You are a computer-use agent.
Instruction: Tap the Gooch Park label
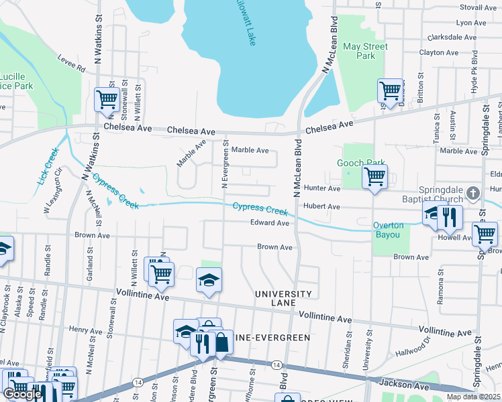point(361,163)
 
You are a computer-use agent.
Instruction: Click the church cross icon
point(472,194)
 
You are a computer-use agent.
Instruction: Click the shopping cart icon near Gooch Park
point(374,178)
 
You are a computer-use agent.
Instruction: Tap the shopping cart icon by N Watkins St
point(107,99)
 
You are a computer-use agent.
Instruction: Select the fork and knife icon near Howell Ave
point(450,216)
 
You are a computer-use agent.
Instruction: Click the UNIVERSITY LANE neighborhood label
point(283,299)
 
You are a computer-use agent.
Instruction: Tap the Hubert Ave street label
point(322,207)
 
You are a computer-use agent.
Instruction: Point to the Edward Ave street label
point(269,223)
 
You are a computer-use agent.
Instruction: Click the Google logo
point(22,395)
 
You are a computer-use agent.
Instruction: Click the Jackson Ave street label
point(403,385)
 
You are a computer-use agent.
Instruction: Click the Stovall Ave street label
point(477,7)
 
